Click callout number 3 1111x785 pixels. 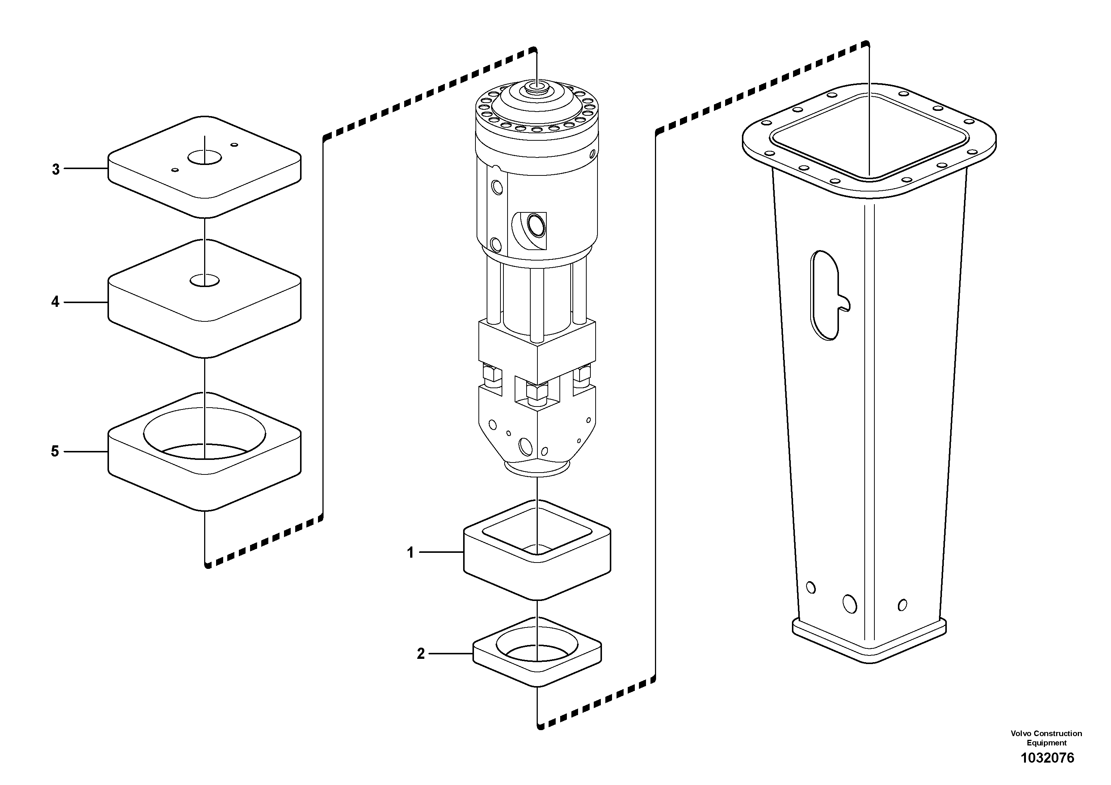56,169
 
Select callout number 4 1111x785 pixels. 55,302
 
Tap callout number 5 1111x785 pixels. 55,452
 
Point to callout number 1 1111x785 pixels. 411,552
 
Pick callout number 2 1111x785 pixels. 421,654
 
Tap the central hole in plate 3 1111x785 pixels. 205,157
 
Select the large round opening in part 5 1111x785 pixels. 205,433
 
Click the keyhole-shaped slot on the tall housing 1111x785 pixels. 826,295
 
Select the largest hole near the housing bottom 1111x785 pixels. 849,604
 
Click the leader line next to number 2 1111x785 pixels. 450,654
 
